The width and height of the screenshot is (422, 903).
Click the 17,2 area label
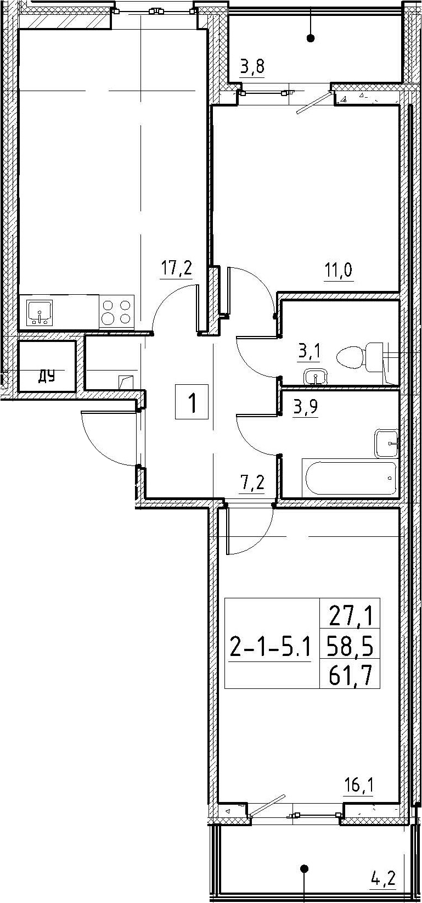click(x=176, y=268)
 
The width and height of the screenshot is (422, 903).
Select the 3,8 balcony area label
click(x=252, y=66)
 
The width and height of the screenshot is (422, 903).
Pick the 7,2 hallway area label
click(x=253, y=481)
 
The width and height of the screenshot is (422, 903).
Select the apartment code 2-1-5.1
click(x=270, y=649)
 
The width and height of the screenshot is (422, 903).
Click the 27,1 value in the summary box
click(x=350, y=617)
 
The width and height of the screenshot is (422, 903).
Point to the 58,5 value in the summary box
click(x=350, y=648)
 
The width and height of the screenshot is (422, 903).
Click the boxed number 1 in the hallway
click(x=192, y=402)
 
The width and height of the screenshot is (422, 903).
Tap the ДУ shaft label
click(x=47, y=377)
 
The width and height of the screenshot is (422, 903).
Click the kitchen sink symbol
click(x=39, y=312)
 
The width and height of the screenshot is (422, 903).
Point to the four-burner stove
click(x=117, y=312)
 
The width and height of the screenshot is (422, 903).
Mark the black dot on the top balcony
click(x=311, y=38)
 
